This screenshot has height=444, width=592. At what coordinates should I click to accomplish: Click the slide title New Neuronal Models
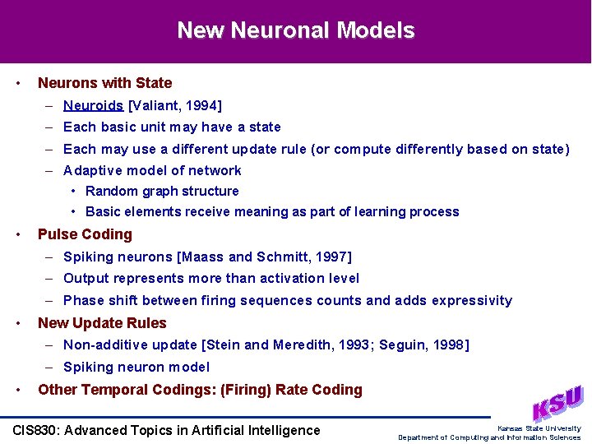[x=296, y=31]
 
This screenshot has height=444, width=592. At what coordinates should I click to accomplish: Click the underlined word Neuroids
[x=93, y=105]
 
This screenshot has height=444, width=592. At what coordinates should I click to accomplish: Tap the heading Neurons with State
[x=104, y=83]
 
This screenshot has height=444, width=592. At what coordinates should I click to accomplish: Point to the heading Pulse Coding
[x=85, y=234]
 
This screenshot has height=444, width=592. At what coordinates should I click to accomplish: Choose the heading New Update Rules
[x=102, y=323]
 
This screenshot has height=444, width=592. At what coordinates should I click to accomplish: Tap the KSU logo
[x=557, y=403]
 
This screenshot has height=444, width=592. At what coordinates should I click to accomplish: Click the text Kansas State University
[x=539, y=428]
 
